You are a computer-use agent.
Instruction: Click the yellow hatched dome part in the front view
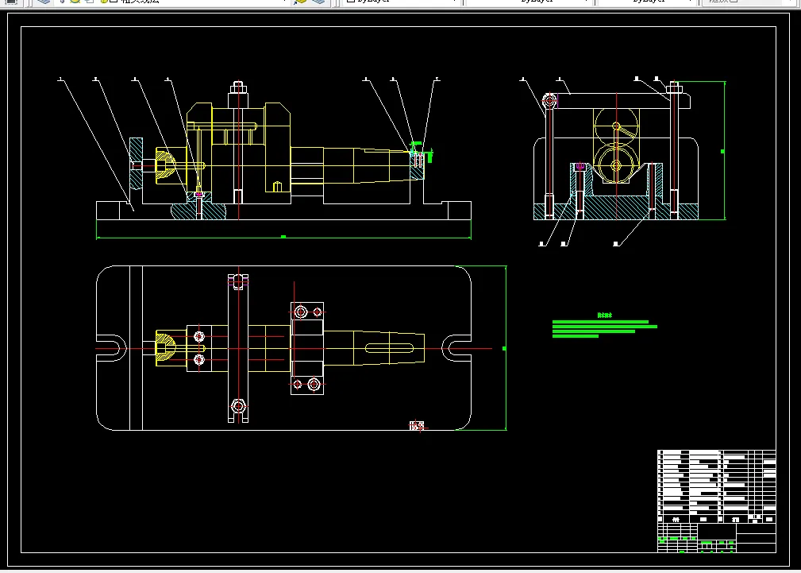point(165,165)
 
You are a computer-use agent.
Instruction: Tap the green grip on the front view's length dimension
point(283,237)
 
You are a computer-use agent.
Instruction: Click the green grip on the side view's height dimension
point(722,150)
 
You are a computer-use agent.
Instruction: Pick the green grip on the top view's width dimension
point(506,348)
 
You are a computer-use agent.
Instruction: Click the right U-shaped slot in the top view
point(456,348)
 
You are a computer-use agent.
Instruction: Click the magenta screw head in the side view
point(580,167)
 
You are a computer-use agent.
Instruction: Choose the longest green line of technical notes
point(605,326)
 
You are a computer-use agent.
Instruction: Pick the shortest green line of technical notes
point(576,336)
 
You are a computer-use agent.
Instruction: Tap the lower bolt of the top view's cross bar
point(238,406)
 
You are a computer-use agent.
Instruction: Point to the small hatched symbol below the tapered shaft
point(417,427)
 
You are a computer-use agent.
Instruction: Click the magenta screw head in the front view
point(198,195)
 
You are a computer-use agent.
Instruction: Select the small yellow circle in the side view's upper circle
point(616,126)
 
